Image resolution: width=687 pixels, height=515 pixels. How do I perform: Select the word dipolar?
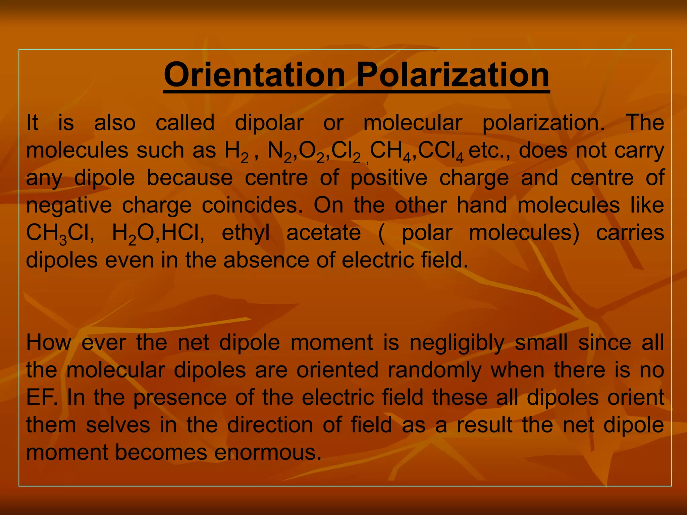click(269, 123)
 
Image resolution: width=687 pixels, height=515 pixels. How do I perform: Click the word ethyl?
click(246, 233)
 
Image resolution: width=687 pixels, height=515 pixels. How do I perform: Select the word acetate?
click(323, 233)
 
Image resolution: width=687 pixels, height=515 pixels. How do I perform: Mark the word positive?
click(389, 178)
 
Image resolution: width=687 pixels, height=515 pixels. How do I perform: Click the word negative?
click(69, 206)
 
